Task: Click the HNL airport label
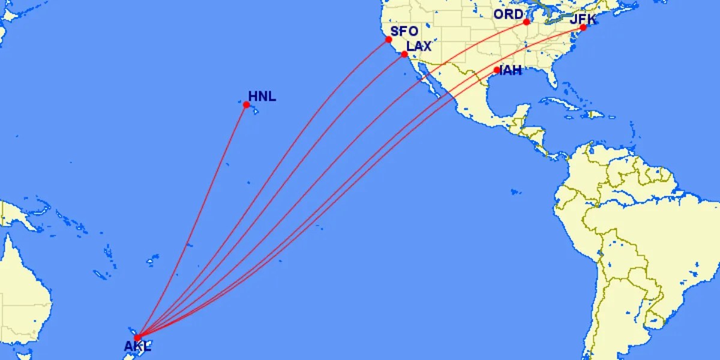point(262,96)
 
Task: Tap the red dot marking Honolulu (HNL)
point(246,105)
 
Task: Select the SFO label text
point(404,32)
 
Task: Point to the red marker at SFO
point(389,40)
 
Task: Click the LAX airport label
point(419,46)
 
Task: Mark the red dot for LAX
point(404,54)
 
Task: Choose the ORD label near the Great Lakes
point(508,14)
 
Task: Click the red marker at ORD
point(526,22)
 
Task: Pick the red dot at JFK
point(583,28)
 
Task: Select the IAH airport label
point(510,71)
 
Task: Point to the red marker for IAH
point(496,70)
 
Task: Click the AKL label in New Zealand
point(137,346)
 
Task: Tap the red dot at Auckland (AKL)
point(137,337)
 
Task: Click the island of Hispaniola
point(594,114)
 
